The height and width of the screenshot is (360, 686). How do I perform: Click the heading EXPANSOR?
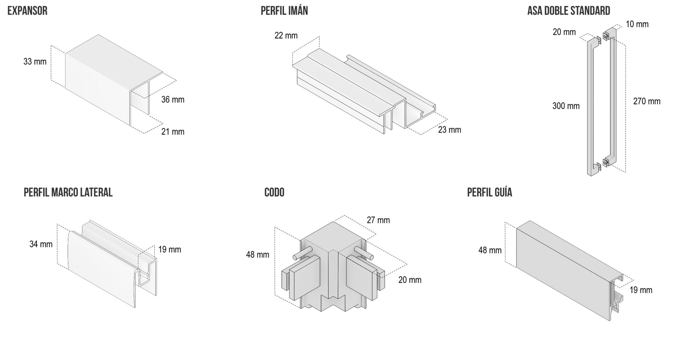[27, 11]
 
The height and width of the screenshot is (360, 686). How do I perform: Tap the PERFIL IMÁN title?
[284, 11]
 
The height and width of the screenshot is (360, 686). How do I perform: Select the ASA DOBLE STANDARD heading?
[568, 11]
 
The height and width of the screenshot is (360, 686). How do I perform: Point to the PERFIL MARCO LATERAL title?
[68, 193]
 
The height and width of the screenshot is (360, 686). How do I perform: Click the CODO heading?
[274, 193]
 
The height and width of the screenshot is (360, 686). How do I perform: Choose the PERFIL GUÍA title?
[489, 193]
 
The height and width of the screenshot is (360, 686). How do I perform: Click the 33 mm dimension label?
[35, 62]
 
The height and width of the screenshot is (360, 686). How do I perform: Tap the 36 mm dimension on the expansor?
[173, 100]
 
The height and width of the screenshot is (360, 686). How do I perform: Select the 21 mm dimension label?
[173, 132]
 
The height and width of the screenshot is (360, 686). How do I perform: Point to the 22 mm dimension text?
[286, 36]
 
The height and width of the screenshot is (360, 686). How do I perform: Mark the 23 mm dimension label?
[449, 130]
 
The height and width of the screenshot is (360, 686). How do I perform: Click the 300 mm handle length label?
[566, 106]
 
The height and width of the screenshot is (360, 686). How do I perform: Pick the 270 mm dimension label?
[647, 102]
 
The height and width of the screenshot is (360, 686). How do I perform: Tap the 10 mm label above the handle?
[637, 24]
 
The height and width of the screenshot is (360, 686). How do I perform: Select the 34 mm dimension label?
[41, 244]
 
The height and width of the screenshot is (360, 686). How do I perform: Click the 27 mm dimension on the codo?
[378, 220]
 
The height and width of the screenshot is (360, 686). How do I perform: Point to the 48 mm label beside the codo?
[257, 255]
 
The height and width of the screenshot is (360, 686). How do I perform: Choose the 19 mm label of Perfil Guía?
[641, 290]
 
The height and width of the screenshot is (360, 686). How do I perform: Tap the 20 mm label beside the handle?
[564, 32]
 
